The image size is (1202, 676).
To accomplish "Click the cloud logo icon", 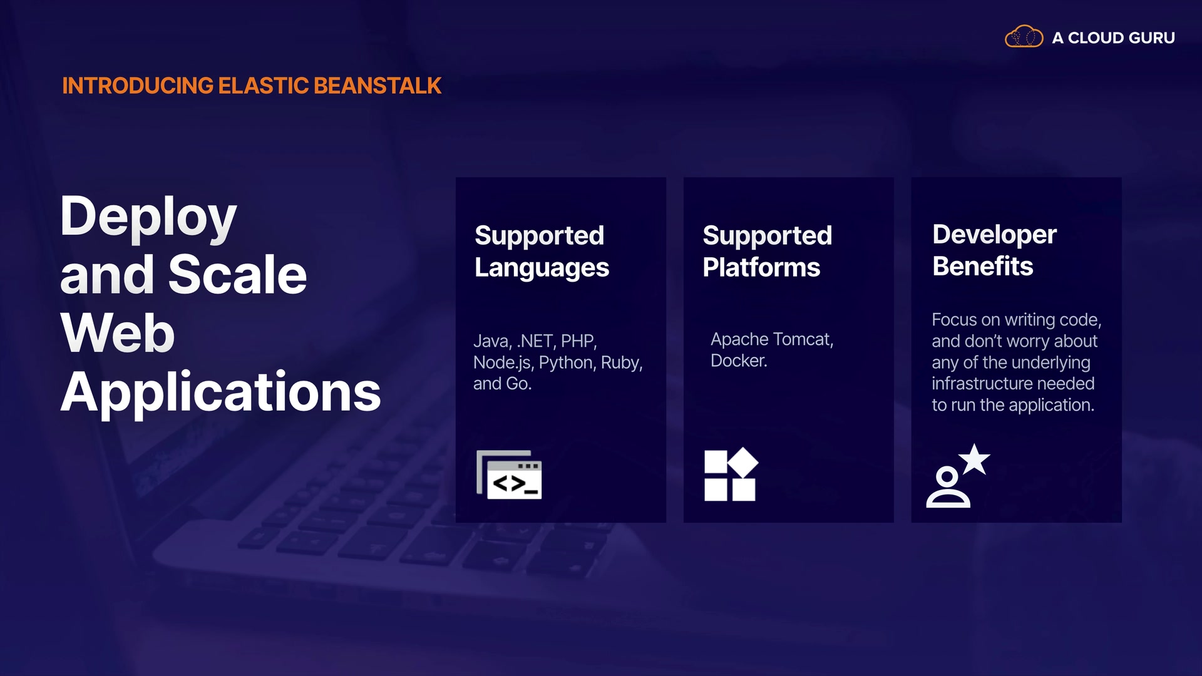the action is [x=1024, y=37].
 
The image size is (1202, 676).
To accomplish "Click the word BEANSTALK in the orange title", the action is [x=378, y=86].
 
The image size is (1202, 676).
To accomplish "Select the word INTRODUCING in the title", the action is [x=138, y=86].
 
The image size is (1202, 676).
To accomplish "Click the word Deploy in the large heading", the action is [x=148, y=217].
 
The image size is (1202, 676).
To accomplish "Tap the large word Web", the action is [x=118, y=332].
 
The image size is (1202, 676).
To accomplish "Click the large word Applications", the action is [x=220, y=392].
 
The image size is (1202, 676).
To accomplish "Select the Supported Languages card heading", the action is [x=542, y=251].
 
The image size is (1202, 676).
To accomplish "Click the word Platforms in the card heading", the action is [x=761, y=267].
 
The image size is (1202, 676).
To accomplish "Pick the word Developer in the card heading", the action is [x=994, y=235].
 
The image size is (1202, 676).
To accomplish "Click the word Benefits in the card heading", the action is [x=983, y=266].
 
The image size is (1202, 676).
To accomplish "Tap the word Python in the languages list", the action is [x=567, y=363].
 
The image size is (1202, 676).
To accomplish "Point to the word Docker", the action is [x=739, y=361].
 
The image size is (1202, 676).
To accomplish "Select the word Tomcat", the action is [x=803, y=339].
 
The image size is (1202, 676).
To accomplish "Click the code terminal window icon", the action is [x=509, y=474].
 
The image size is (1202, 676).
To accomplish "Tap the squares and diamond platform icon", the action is [x=731, y=474].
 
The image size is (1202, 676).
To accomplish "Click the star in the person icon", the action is [x=975, y=460].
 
